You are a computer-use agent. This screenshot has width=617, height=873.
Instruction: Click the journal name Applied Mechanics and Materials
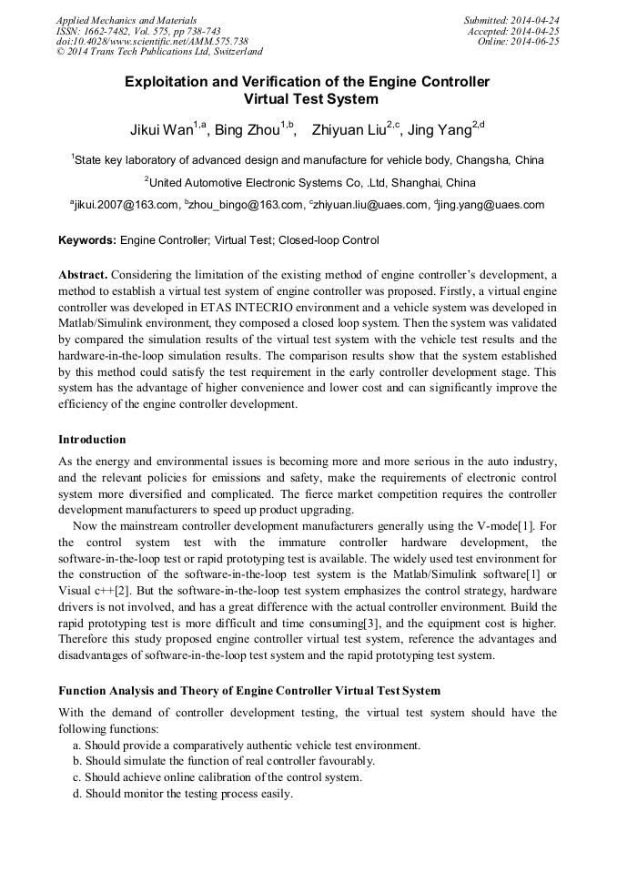pos(126,20)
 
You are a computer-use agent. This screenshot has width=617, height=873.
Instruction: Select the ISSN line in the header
pos(138,31)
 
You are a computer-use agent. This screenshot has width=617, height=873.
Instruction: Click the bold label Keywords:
pos(87,241)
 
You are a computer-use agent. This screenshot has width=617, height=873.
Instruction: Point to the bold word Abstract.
pos(83,275)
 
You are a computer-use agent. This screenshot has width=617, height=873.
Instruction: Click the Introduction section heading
pos(92,440)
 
